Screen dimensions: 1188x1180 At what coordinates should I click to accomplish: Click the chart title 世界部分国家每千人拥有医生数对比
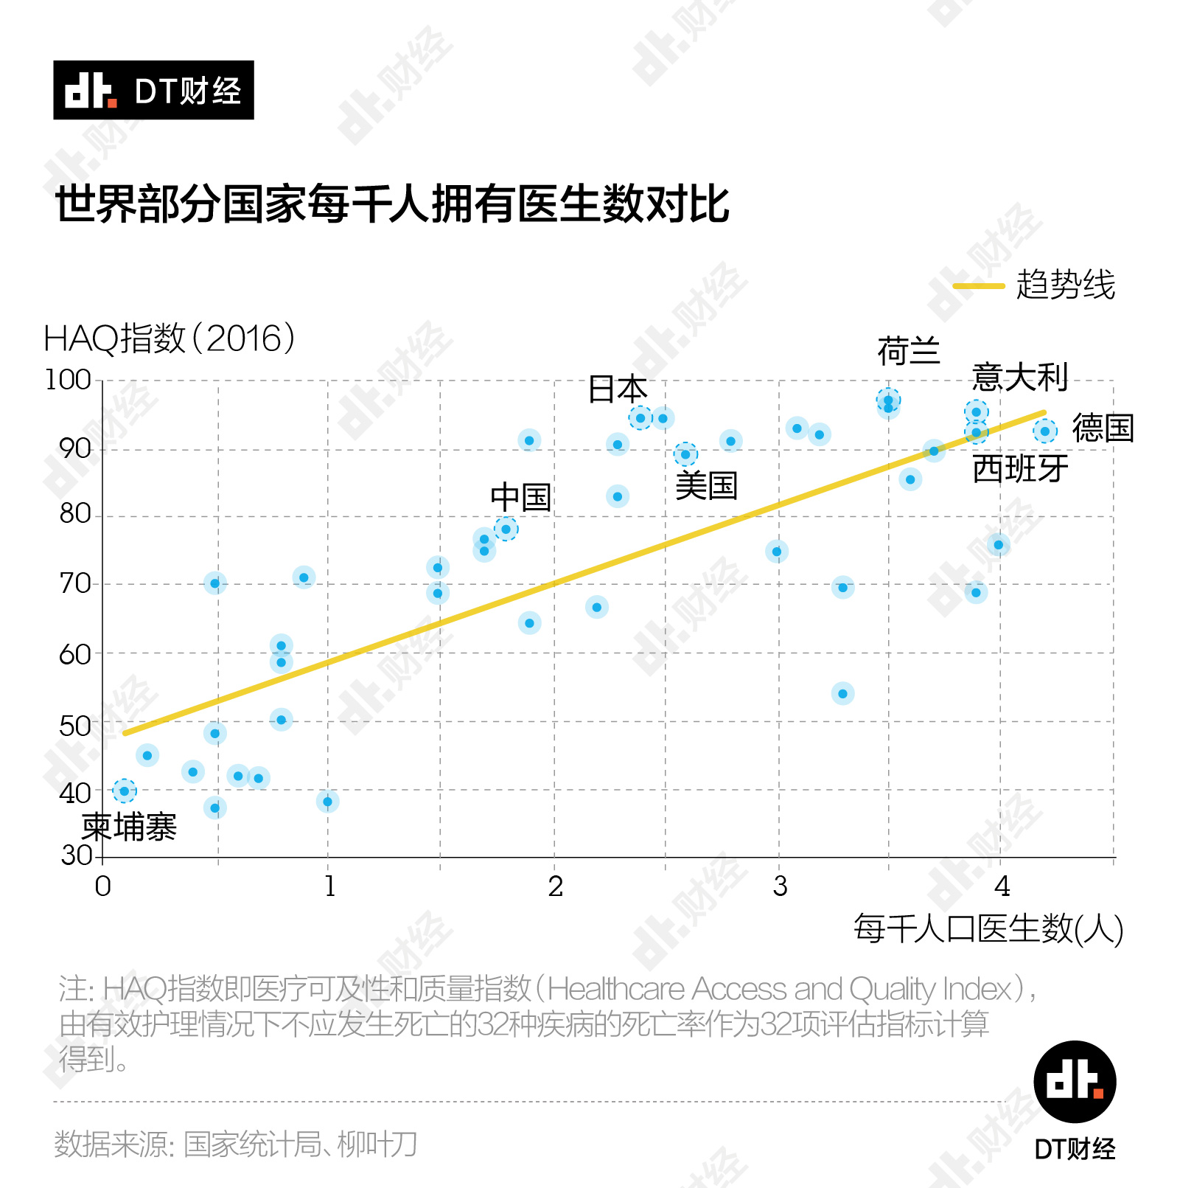pyautogui.click(x=392, y=204)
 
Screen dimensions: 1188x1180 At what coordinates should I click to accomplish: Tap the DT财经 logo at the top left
pyautogui.click(x=153, y=90)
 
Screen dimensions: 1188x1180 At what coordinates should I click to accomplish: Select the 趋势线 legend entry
pyautogui.click(x=1035, y=285)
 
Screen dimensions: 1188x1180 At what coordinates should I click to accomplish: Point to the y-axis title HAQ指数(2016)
pyautogui.click(x=170, y=339)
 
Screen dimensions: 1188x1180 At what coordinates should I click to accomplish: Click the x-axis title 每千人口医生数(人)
pyautogui.click(x=988, y=928)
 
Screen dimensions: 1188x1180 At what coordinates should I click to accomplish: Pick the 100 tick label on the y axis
pyautogui.click(x=68, y=381)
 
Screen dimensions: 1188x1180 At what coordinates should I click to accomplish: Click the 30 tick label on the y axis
pyautogui.click(x=76, y=855)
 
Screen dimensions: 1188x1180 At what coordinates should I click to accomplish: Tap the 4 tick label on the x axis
pyautogui.click(x=1002, y=886)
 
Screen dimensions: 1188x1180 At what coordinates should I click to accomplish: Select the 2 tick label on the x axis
pyautogui.click(x=555, y=886)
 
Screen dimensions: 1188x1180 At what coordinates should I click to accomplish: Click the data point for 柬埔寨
pyautogui.click(x=124, y=791)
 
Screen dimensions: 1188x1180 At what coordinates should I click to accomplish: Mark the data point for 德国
pyautogui.click(x=1044, y=431)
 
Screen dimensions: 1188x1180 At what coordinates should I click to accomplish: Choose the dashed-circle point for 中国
pyautogui.click(x=506, y=529)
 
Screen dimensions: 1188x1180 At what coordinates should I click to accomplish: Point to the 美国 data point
pyautogui.click(x=685, y=454)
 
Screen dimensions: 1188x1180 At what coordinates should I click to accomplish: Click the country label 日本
pyautogui.click(x=618, y=389)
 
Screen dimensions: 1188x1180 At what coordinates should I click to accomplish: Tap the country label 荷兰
pyautogui.click(x=909, y=351)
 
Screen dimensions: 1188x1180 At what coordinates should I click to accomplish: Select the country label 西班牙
pyautogui.click(x=1020, y=469)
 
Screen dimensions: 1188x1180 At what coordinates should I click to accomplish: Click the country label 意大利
pyautogui.click(x=1020, y=378)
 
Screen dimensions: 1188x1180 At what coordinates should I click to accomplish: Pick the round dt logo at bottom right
pyautogui.click(x=1075, y=1082)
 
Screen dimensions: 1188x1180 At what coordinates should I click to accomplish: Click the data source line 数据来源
pyautogui.click(x=236, y=1144)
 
